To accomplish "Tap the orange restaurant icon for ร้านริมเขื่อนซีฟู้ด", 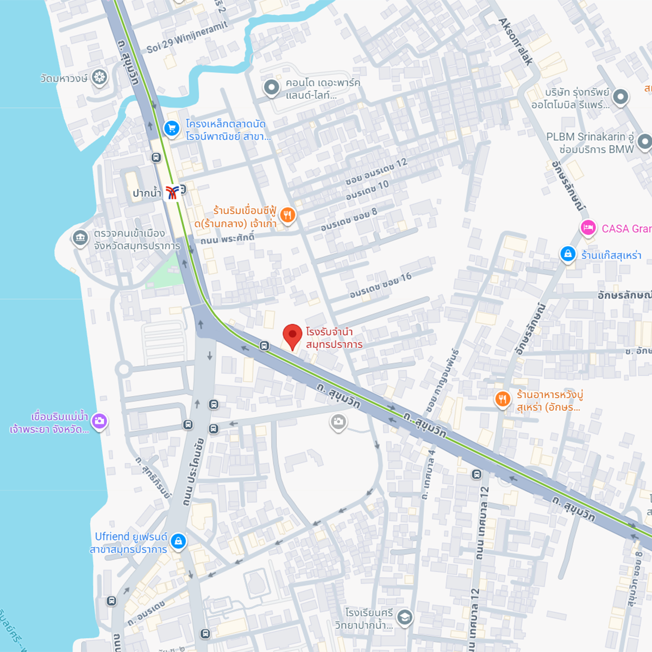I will tap(288, 215).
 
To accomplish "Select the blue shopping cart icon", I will tap(172, 129).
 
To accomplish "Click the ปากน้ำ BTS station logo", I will tap(172, 192).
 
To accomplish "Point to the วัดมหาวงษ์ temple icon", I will tap(99, 77).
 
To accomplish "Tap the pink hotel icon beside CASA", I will tap(588, 228).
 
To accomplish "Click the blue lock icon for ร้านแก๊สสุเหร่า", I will tap(568, 254).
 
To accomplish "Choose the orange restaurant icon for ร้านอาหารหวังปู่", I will tap(503, 400).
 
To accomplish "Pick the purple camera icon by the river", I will tap(99, 421).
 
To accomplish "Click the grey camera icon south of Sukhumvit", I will tap(338, 422).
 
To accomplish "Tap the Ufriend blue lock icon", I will tap(178, 541).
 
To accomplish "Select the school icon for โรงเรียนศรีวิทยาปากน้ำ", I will tap(404, 617).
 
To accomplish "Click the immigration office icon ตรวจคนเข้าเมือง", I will tap(80, 238).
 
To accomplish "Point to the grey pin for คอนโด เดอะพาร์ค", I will tap(271, 87).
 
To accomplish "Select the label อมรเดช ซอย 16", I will tap(380, 285).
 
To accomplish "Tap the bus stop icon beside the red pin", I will tap(264, 346).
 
